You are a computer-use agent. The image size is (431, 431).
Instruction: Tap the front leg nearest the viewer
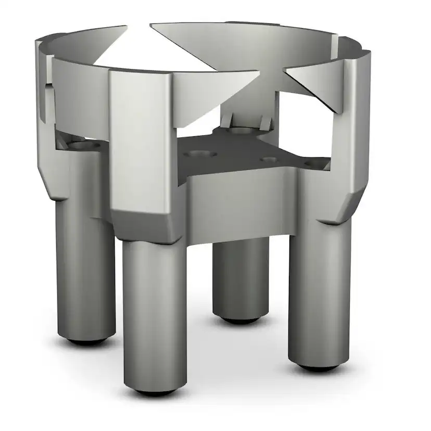pyautogui.click(x=155, y=312)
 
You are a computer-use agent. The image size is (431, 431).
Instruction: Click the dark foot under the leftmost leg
pyautogui.click(x=86, y=342)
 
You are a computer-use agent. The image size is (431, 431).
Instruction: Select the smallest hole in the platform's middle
pyautogui.click(x=269, y=159)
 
